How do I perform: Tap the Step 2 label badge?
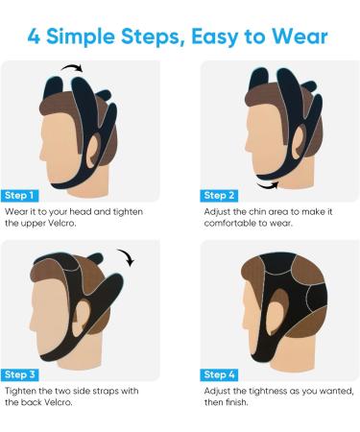[x=220, y=195]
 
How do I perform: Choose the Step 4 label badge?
[x=220, y=374]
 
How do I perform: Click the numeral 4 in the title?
[x=36, y=37]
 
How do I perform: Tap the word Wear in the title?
[x=300, y=37]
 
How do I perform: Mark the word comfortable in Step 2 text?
[x=231, y=223]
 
